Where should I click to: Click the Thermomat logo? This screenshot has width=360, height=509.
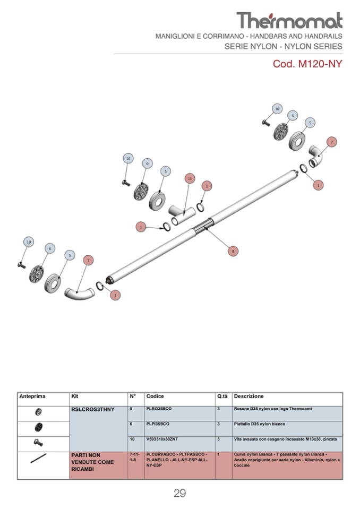[289, 20]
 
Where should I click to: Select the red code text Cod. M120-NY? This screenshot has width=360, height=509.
[307, 64]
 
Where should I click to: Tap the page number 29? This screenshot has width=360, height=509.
[179, 493]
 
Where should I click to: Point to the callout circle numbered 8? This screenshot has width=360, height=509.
[232, 251]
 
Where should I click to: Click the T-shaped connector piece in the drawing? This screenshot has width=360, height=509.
[181, 215]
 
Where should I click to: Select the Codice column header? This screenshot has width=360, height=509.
[155, 396]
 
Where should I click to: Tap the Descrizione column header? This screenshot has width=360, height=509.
[248, 396]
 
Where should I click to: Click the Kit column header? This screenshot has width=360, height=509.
[75, 396]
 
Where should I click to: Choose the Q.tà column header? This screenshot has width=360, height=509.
[222, 396]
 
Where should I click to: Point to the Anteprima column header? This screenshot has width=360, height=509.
[32, 396]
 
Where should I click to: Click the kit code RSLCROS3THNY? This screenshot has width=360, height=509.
[93, 410]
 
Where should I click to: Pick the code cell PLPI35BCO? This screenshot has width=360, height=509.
[158, 424]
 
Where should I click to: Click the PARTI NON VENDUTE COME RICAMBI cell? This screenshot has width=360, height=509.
[92, 462]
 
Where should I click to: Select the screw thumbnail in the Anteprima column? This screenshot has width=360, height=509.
[38, 442]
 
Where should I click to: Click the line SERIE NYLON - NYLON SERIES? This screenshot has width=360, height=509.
[283, 46]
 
